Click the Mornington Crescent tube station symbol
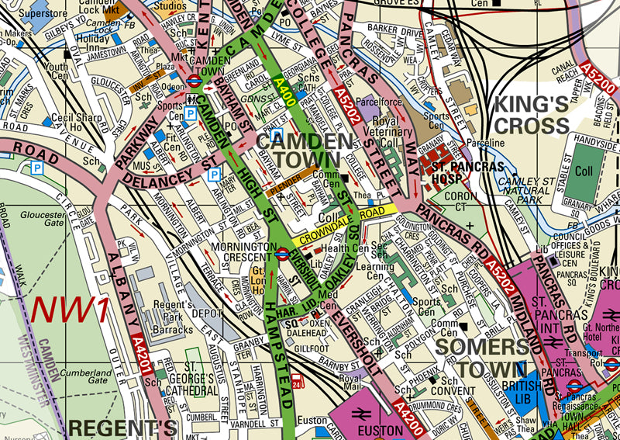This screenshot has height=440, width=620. (282, 251)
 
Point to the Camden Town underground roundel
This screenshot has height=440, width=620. (195, 78)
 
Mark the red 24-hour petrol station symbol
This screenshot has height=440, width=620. (298, 380)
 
